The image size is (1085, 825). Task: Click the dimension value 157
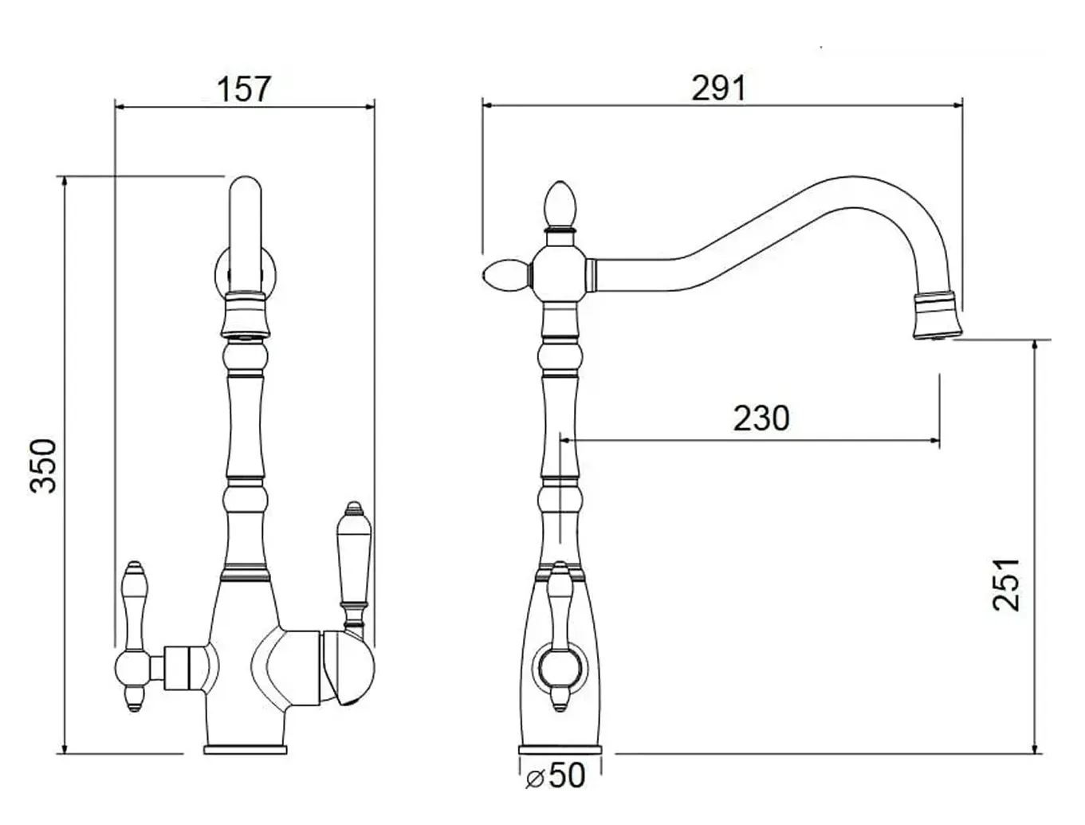click(x=244, y=89)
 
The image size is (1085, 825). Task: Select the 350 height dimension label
click(x=44, y=466)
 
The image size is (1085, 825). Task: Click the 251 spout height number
click(x=1006, y=585)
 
